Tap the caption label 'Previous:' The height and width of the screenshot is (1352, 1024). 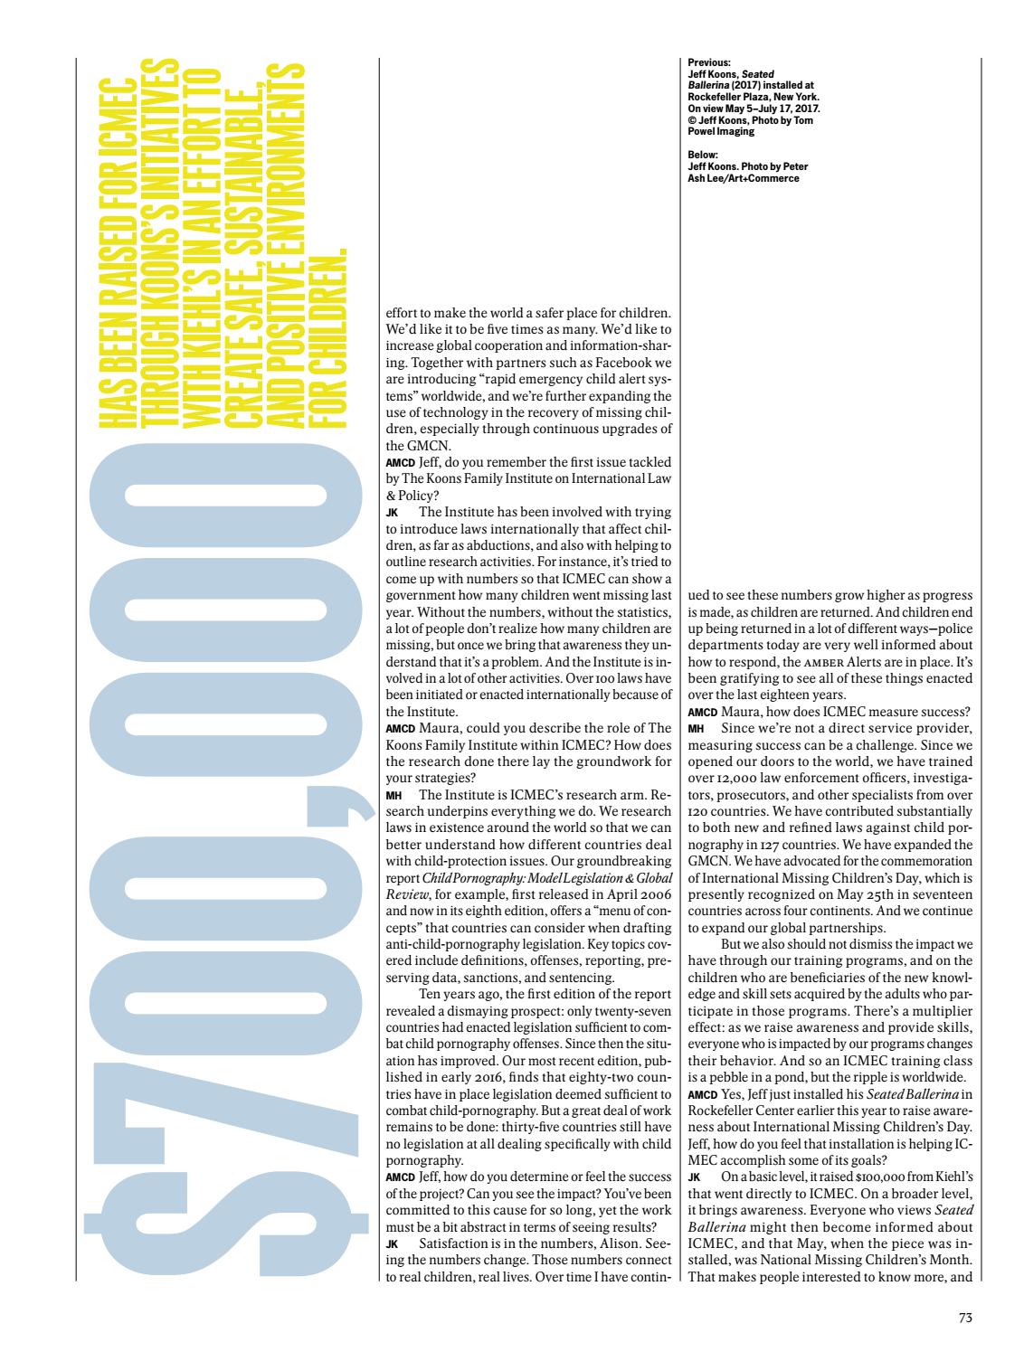706,63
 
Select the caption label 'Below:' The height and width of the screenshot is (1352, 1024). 701,154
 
